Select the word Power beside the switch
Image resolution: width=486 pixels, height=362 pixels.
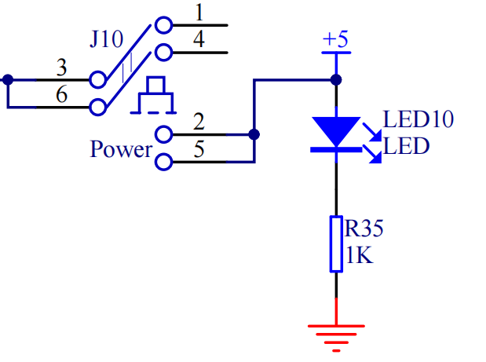(x=120, y=148)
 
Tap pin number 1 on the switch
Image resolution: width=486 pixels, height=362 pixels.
(x=199, y=14)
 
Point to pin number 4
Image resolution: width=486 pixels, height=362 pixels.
(x=199, y=41)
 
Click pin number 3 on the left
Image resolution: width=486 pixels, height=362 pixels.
(x=61, y=68)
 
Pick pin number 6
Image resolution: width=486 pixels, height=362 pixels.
(x=61, y=94)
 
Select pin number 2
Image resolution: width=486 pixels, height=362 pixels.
(x=199, y=122)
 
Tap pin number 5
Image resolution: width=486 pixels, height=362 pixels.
(x=199, y=150)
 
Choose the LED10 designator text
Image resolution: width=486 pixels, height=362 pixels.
(x=418, y=121)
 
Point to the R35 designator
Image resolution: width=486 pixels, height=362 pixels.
(x=365, y=229)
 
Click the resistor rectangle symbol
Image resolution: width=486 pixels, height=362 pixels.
(x=336, y=243)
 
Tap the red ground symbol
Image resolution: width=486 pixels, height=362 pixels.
(x=336, y=334)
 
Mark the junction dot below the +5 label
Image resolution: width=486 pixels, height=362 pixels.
(x=336, y=79)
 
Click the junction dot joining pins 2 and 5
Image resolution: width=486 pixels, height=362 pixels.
(x=253, y=134)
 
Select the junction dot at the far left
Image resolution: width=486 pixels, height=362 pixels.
(x=8, y=79)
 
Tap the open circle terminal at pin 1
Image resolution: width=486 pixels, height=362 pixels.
(x=163, y=25)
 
